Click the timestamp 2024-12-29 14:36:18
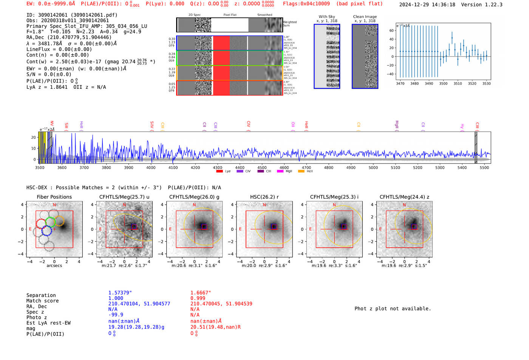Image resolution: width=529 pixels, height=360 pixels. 427,5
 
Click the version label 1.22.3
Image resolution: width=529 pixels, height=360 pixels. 493,5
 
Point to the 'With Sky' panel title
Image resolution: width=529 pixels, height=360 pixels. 327,17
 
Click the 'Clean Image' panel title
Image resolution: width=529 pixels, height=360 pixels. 365,17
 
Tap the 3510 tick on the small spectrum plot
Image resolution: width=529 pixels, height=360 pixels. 458,83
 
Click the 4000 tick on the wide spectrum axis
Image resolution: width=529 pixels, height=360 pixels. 151,168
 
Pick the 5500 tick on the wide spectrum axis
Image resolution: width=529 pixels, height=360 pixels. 484,168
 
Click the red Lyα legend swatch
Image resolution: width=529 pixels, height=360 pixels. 220,171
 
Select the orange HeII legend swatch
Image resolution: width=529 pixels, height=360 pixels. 301,171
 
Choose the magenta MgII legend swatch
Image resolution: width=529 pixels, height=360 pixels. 280,171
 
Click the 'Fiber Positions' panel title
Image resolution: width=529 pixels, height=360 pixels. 54,197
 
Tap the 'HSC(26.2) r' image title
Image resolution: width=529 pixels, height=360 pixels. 264,197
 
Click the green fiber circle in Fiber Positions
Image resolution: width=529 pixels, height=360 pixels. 50,222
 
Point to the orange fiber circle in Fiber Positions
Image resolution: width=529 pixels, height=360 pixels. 59,221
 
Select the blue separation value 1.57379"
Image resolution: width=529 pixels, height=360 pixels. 120,293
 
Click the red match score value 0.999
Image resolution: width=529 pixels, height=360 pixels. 198,298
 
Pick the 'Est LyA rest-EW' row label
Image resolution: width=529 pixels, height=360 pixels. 48,323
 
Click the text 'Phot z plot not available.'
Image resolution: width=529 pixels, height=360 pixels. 393,309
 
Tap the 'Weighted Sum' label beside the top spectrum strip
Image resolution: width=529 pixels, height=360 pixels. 290,24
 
